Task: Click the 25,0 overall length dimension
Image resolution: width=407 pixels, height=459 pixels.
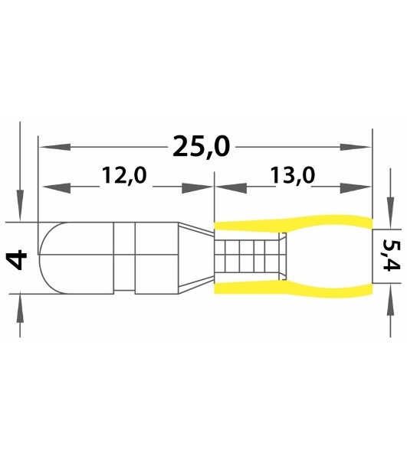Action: pos(201,147)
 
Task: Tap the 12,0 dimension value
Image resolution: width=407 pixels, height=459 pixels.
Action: pos(124,176)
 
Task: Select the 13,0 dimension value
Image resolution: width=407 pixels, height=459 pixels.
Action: pos(292,176)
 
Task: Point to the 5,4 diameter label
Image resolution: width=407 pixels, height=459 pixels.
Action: pos(391,255)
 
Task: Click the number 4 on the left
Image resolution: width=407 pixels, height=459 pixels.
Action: pos(17,259)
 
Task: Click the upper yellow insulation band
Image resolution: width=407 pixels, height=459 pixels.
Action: pos(294,223)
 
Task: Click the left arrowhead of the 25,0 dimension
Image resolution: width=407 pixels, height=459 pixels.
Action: pos(55,147)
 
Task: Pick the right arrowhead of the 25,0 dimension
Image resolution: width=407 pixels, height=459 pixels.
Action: pos(356,147)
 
